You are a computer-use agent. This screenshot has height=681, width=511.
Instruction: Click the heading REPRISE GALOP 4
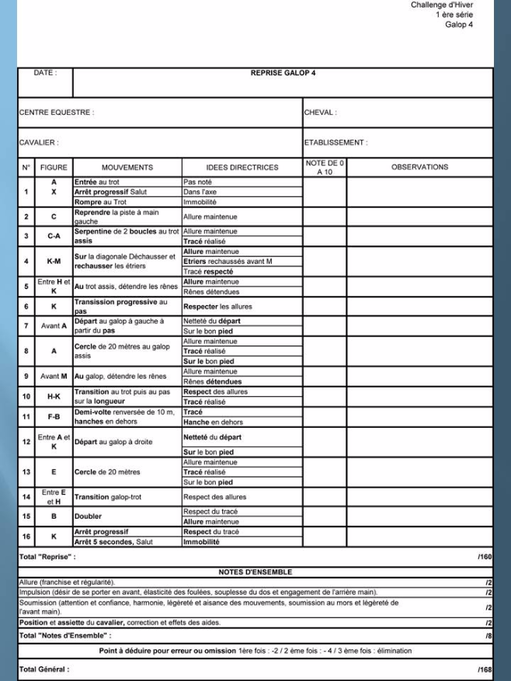coord(283,74)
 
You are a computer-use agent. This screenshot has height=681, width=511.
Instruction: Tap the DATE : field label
coord(44,73)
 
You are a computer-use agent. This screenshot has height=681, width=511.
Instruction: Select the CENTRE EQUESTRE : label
coord(56,113)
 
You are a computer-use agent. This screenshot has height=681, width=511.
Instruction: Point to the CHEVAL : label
coord(320,113)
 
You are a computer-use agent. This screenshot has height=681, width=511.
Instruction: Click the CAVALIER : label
coord(39,143)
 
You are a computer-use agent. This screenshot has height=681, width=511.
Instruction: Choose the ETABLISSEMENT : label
coord(335,143)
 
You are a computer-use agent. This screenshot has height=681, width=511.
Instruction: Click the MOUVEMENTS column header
coord(127,168)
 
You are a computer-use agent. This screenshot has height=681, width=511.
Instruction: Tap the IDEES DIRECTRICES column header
coord(242,168)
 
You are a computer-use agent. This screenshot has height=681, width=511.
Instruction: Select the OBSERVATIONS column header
coord(419,168)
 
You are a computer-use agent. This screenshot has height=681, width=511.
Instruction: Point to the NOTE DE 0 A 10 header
coord(325,168)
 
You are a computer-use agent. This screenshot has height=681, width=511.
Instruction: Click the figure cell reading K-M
coord(54,262)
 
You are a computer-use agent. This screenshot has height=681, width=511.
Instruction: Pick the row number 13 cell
coord(26,472)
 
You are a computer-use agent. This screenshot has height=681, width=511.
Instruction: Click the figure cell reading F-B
coord(54,417)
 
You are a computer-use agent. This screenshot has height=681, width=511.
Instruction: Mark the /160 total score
coord(485,558)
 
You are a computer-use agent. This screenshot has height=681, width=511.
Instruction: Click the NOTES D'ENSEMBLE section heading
coord(255,572)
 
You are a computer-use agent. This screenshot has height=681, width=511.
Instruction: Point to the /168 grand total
coord(485,669)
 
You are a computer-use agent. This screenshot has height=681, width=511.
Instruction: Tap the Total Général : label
coord(43,669)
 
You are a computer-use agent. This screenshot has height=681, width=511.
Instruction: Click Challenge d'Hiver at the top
coord(441,5)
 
